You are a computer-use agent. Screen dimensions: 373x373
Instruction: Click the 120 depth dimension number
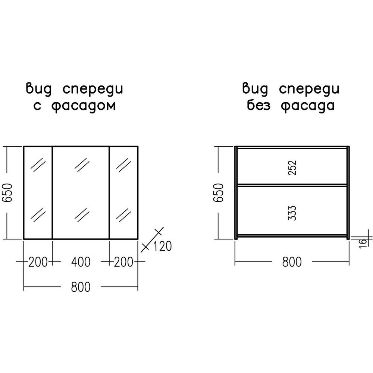(x=162, y=246)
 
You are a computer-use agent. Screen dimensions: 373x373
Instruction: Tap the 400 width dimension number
(x=81, y=262)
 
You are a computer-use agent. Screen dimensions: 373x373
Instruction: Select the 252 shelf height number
(x=292, y=168)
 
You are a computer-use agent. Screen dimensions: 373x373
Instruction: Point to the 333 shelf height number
(x=292, y=213)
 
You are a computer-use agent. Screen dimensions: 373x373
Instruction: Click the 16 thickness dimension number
(x=363, y=244)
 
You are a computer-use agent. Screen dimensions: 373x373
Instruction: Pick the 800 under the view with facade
(x=81, y=287)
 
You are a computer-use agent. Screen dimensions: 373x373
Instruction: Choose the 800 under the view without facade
(x=292, y=262)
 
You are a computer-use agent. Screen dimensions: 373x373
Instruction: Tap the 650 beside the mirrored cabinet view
(x=7, y=193)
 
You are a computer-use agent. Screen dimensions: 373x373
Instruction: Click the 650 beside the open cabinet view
(x=219, y=193)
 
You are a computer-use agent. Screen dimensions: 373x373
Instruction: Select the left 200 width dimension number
(x=38, y=262)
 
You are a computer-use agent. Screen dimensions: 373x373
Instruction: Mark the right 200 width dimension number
(x=123, y=262)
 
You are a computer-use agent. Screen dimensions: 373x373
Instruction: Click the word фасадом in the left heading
(x=84, y=106)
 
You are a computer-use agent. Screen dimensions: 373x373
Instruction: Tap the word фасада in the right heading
(x=308, y=106)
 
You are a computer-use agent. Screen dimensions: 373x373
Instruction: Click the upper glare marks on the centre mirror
(x=82, y=164)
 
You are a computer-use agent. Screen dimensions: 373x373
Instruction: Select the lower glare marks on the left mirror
(x=38, y=215)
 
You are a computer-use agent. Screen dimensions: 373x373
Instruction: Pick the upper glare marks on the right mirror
(x=123, y=164)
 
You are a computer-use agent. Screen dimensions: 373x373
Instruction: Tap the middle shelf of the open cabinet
(x=292, y=185)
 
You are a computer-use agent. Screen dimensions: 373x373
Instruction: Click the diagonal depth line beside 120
(x=152, y=239)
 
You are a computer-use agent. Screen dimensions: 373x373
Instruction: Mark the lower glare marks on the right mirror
(x=123, y=215)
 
